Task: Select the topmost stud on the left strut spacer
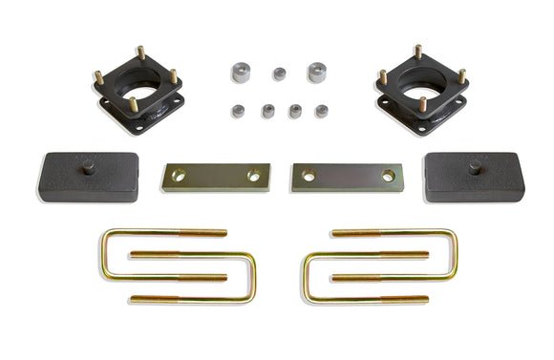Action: pyautogui.click(x=139, y=52)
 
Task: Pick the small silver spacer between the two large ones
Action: pyautogui.click(x=279, y=73)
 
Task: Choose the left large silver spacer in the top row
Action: pyautogui.click(x=240, y=72)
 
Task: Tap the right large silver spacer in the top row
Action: pyautogui.click(x=317, y=72)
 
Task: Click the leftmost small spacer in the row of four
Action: pyautogui.click(x=238, y=111)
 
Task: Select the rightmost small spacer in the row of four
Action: pyautogui.click(x=322, y=111)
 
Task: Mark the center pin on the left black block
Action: pyautogui.click(x=87, y=168)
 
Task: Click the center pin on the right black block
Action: pyautogui.click(x=473, y=168)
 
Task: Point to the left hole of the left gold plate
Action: pyautogui.click(x=179, y=176)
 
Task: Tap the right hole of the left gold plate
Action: pyautogui.click(x=254, y=176)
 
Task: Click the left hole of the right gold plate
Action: pyautogui.click(x=309, y=176)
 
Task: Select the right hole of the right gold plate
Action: pyautogui.click(x=388, y=176)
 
